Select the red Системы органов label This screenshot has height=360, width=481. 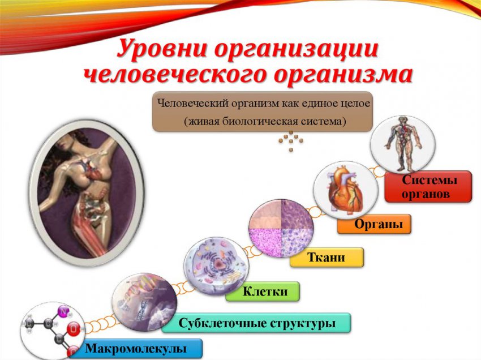(x=428, y=187)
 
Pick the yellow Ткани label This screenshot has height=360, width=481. (x=326, y=258)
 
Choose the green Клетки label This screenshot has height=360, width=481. (x=262, y=292)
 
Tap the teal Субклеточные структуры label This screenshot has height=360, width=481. (x=256, y=323)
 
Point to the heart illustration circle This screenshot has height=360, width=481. (x=345, y=190)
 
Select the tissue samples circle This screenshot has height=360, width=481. (x=281, y=228)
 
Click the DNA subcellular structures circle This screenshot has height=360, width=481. (x=144, y=302)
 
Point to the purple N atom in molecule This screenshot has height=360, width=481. (x=63, y=311)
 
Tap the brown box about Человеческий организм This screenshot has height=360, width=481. (x=263, y=112)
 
